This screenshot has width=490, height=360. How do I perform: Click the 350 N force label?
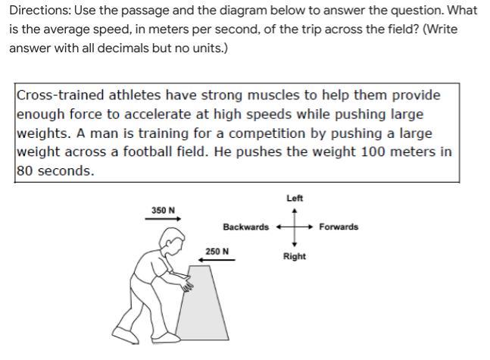163,210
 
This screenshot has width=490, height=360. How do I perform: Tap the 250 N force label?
217,251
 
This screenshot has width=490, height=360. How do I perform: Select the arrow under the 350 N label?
163,220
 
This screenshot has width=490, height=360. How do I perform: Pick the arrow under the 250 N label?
217,260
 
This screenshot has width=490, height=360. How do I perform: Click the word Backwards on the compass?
245,227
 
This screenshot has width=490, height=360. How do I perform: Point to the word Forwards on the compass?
339,227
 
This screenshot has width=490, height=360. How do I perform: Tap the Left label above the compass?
295,198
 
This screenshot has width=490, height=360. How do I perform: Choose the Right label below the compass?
295,256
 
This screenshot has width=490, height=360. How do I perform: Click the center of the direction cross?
295,227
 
